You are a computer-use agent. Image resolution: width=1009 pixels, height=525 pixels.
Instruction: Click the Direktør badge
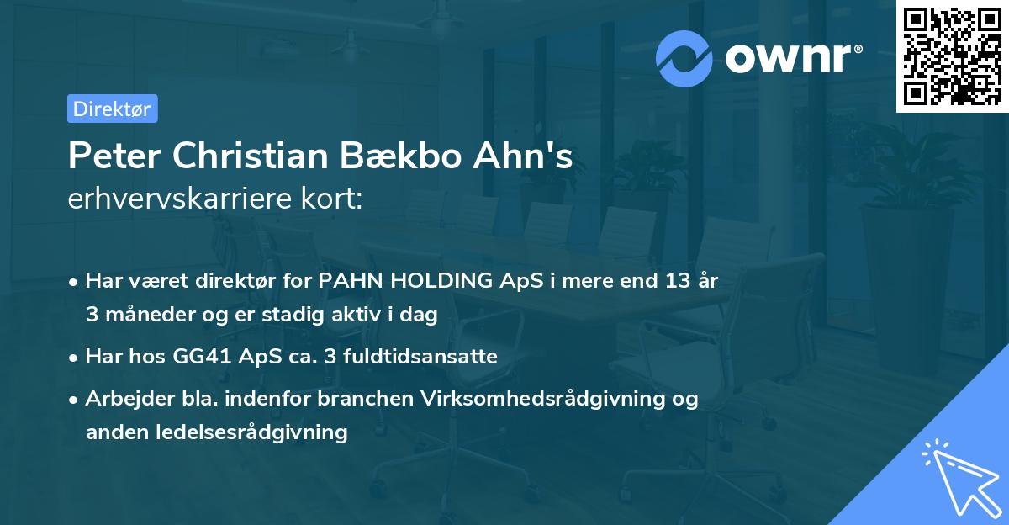tap(112, 109)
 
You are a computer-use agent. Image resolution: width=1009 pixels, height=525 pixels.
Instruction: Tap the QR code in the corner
tap(952, 56)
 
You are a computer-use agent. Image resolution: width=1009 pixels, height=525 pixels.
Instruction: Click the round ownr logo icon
tap(684, 58)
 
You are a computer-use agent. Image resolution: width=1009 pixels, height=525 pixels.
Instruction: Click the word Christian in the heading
tap(243, 157)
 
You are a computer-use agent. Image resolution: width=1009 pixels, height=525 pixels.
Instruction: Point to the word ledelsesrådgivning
tap(252, 432)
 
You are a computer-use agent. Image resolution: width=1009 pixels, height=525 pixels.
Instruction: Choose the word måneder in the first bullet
tap(139, 315)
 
